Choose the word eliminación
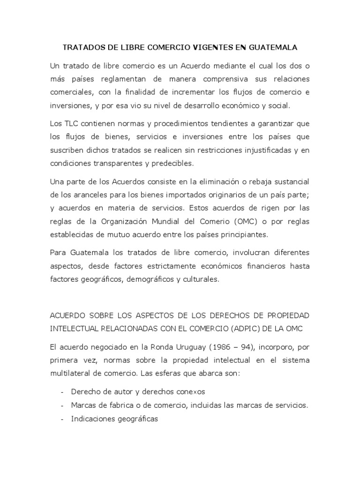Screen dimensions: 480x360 click(x=220, y=181)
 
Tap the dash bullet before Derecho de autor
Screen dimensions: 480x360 click(x=63, y=392)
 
